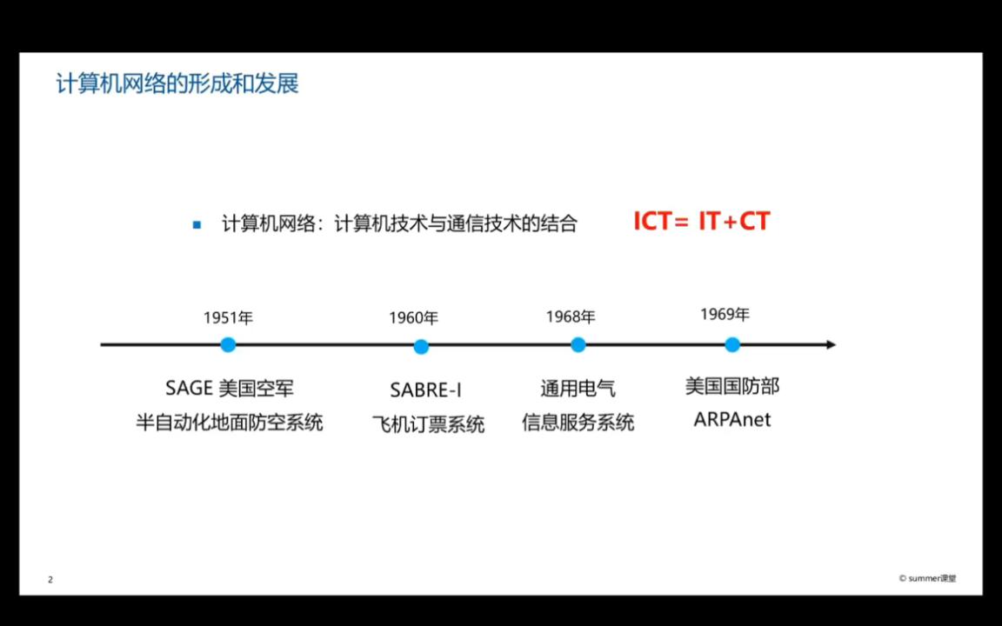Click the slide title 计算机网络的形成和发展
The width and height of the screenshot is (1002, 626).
pos(177,84)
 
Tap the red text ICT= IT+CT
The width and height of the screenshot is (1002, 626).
pos(701,222)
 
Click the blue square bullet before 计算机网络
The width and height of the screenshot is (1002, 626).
pos(197,225)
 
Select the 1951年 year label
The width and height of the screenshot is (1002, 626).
pos(228,318)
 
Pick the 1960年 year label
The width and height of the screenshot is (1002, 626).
pos(413,318)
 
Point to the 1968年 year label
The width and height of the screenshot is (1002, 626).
pos(571,317)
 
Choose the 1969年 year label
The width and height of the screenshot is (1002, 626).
pos(725,315)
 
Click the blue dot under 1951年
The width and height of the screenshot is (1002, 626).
pos(228,344)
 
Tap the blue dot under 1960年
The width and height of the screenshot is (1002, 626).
pos(421,347)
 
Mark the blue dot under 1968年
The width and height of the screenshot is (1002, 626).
pos(578,344)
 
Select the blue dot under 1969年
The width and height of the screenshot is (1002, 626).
pos(732,344)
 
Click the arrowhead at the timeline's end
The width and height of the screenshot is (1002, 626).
pos(830,344)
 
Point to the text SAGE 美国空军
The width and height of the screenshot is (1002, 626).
pos(229,388)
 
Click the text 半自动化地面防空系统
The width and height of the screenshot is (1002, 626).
pos(229,423)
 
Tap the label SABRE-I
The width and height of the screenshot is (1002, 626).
pos(425,390)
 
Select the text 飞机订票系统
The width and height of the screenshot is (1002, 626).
pos(428,424)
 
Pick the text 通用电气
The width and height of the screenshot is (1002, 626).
pos(578,389)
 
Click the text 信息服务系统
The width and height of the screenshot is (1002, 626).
pos(578,423)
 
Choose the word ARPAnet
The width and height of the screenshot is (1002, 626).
pos(731,420)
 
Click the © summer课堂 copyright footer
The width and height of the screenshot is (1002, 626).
pos(927,579)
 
